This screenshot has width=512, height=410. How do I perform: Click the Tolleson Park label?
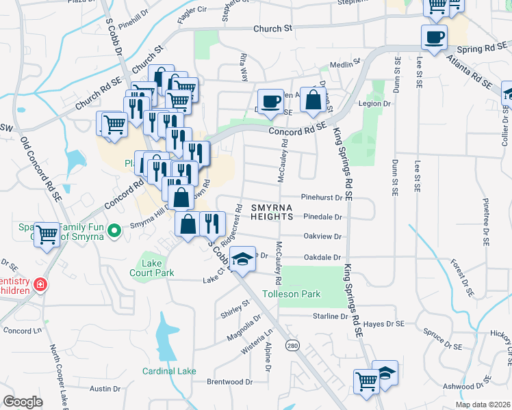[311, 294]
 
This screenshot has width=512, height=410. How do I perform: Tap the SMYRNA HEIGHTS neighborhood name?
[271, 211]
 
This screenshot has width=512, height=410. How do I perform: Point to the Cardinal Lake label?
[169, 371]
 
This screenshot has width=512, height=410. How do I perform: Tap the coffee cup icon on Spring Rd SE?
[435, 37]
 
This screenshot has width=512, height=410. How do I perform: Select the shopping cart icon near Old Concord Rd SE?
[47, 235]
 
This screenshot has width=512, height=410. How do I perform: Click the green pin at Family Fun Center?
[116, 230]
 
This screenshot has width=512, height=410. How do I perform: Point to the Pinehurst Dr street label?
[321, 197]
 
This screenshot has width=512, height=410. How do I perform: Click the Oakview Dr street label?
[321, 236]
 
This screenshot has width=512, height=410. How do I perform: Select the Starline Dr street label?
[331, 316]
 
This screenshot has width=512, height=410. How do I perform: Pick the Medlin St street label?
[344, 64]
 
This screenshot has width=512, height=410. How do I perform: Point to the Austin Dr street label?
[105, 389]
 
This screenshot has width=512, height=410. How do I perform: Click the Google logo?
[23, 402]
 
